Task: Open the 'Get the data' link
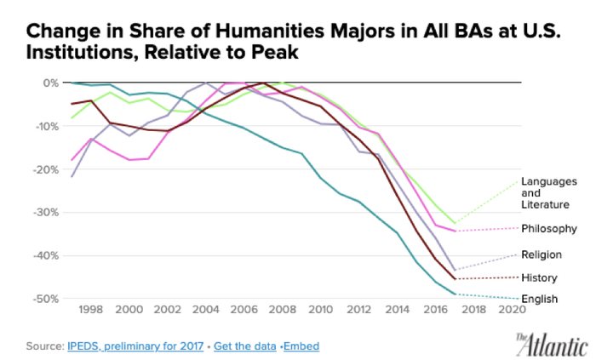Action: pos(244,347)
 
